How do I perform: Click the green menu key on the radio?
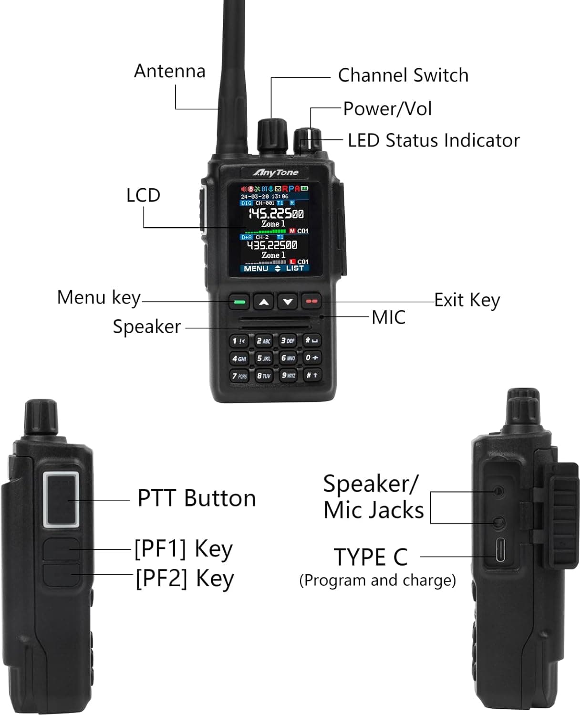239,302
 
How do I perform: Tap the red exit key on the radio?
311,301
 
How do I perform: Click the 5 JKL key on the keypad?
264,358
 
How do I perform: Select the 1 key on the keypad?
239,341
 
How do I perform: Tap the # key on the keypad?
312,375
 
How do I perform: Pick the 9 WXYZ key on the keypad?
288,375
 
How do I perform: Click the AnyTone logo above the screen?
276,172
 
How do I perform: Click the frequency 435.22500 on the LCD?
272,245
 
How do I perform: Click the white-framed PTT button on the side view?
61,499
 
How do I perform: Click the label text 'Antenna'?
170,71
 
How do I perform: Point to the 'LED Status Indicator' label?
433,140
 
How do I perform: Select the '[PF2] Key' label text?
185,579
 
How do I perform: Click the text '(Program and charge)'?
377,580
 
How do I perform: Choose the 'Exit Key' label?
467,300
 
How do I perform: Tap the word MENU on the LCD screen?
256,268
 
